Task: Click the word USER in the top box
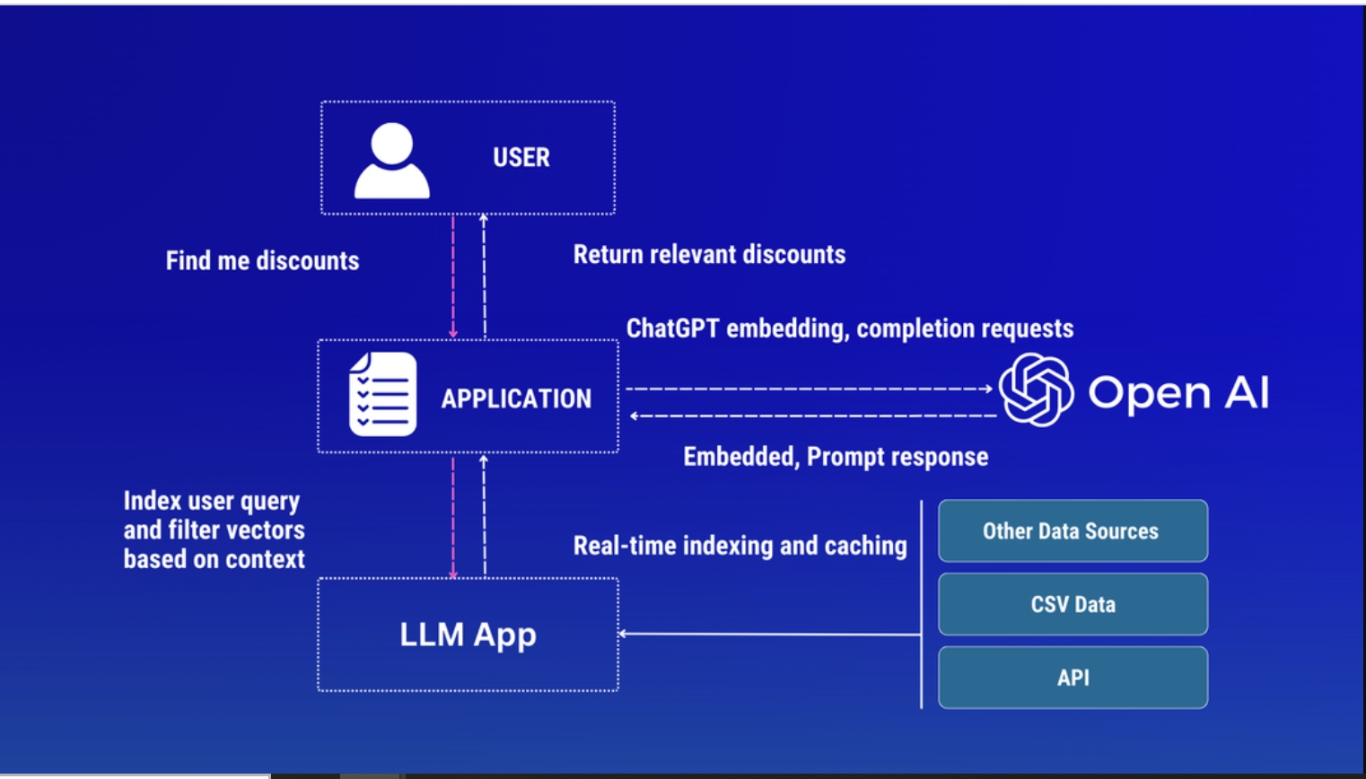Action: point(521,158)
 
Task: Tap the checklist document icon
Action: point(383,394)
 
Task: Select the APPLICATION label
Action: point(516,398)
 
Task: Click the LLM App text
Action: point(468,635)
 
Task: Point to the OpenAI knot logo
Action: point(1036,389)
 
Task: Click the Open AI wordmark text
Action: point(1178,392)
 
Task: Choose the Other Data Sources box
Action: point(1073,531)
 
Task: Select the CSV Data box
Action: point(1073,605)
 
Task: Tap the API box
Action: point(1073,678)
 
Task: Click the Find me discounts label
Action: point(262,261)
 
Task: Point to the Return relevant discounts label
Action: point(709,255)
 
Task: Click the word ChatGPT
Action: point(672,328)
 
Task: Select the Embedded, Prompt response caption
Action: point(836,457)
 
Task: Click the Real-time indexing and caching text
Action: point(740,546)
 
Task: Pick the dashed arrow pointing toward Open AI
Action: point(808,389)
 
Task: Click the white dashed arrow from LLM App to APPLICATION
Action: point(485,515)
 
